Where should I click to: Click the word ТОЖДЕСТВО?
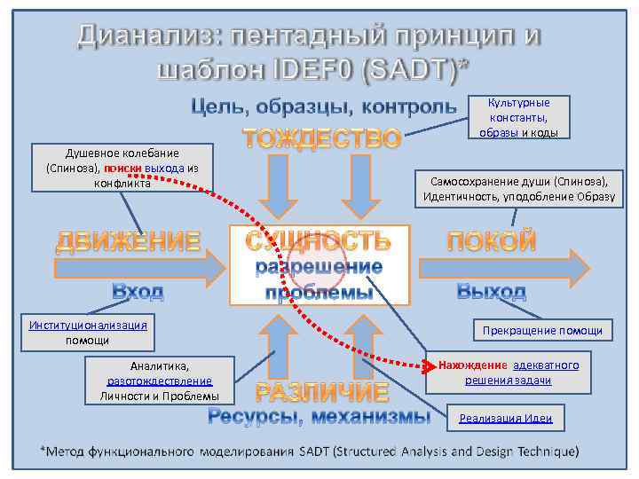click(x=322, y=139)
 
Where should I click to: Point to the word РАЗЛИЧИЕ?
click(x=322, y=392)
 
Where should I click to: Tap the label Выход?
click(x=491, y=290)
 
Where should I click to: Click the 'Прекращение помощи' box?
click(x=541, y=331)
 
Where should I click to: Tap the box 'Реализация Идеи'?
click(x=505, y=419)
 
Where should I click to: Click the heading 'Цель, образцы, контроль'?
click(x=325, y=107)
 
